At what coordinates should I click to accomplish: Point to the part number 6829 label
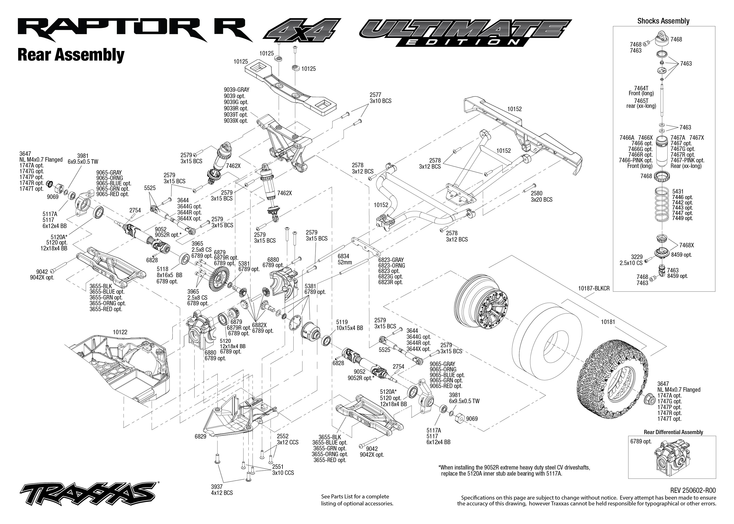tap(200, 437)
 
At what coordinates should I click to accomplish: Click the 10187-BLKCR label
tap(593, 289)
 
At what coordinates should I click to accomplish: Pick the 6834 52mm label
tap(344, 259)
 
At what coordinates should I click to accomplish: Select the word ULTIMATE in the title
tap(465, 30)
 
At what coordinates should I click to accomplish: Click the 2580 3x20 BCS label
tap(541, 197)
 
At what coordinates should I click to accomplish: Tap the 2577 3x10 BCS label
tap(380, 98)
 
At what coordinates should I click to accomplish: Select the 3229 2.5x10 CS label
tap(631, 260)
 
